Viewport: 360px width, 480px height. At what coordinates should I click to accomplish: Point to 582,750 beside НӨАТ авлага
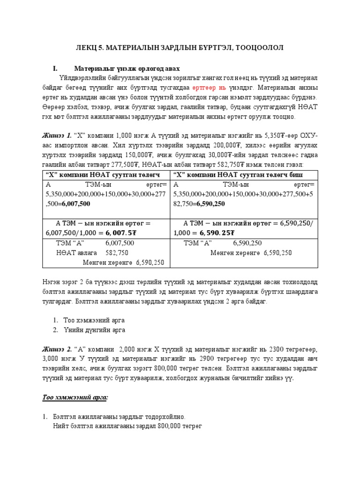pos(117,253)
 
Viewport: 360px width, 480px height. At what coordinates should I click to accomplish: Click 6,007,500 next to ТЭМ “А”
pos(120,243)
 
